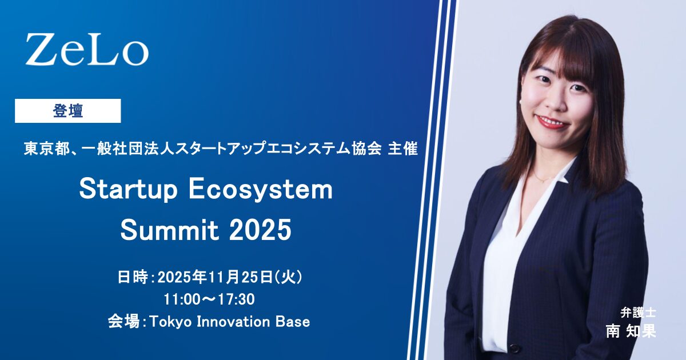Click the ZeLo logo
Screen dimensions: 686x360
[87, 49]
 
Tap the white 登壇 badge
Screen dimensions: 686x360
[67, 111]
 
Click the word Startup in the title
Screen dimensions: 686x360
[129, 190]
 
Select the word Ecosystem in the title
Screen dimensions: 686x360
[261, 190]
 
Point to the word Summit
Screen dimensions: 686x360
[169, 230]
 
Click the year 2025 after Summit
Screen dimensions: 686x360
[260, 230]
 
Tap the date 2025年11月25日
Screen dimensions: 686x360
[215, 277]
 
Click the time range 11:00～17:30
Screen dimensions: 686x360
[209, 299]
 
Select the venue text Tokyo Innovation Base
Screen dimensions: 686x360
[230, 322]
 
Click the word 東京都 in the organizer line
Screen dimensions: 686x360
[47, 149]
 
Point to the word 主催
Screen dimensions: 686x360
[402, 149]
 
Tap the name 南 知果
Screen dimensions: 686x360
[631, 331]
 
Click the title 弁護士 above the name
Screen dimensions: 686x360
[638, 313]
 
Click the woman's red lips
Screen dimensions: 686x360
[555, 122]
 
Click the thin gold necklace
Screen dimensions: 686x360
[544, 178]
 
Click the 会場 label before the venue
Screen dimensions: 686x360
[123, 322]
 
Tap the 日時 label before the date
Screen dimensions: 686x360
[133, 277]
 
